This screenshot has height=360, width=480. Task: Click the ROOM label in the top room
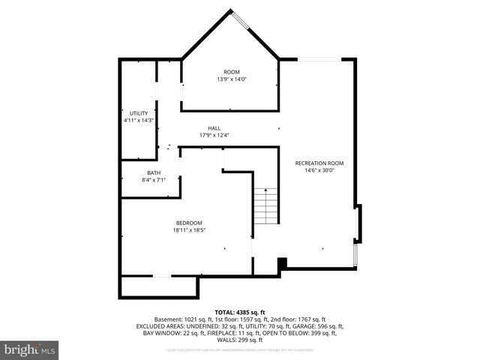point(232,72)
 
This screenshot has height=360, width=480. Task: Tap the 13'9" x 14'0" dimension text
point(232,79)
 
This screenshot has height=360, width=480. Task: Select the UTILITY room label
point(138,113)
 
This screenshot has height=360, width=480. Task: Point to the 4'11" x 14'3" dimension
point(138,121)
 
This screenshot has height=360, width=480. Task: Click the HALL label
point(214,128)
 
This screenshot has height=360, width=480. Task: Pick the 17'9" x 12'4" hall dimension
point(214,136)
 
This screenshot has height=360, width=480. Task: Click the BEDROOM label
point(189,223)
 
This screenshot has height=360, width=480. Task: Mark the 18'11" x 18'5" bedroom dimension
point(189,230)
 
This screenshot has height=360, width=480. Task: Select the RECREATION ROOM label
point(319,163)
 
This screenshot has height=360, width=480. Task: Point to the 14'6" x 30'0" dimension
point(319,170)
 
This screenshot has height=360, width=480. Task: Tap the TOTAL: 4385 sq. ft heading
point(240,312)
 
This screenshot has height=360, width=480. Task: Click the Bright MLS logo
point(30,349)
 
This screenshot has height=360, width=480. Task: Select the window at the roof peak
point(241,20)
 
